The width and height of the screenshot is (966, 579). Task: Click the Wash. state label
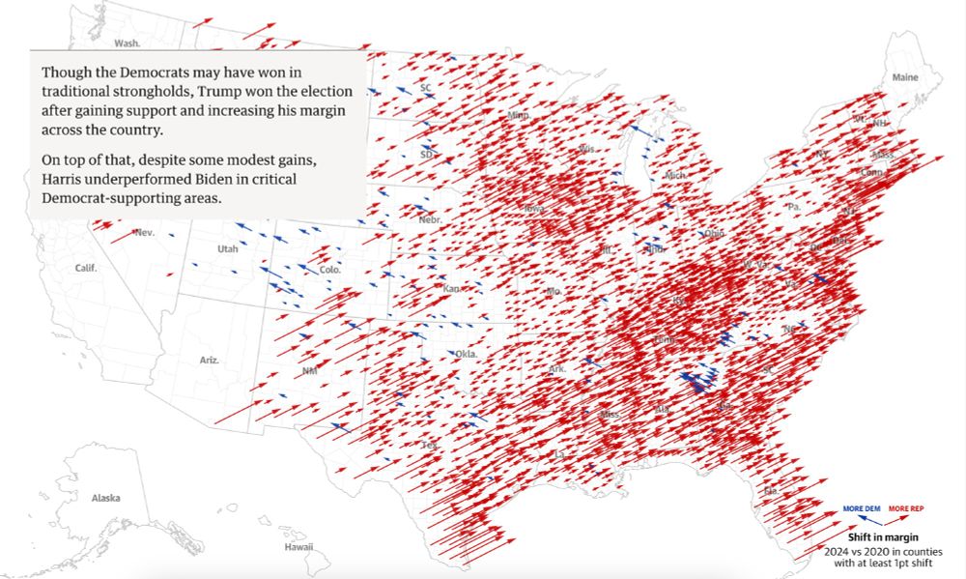[128, 43]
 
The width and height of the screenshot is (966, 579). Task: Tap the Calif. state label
[86, 268]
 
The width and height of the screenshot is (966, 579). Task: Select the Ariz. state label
[210, 360]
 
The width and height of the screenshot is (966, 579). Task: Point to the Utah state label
[227, 249]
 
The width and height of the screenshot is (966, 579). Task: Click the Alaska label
[105, 498]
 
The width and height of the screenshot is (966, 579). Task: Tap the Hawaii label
[298, 547]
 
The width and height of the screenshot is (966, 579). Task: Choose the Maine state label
[905, 77]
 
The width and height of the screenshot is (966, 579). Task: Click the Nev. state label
[145, 232]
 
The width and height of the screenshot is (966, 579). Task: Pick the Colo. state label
[329, 270]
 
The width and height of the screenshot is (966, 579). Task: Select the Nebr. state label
[430, 220]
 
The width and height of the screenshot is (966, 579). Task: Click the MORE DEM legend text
[861, 508]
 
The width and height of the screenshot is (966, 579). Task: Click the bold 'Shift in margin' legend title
[882, 536]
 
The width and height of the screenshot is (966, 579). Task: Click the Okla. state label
[467, 355]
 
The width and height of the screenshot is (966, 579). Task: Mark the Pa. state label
[794, 207]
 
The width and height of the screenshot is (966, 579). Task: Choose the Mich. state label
[675, 176]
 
